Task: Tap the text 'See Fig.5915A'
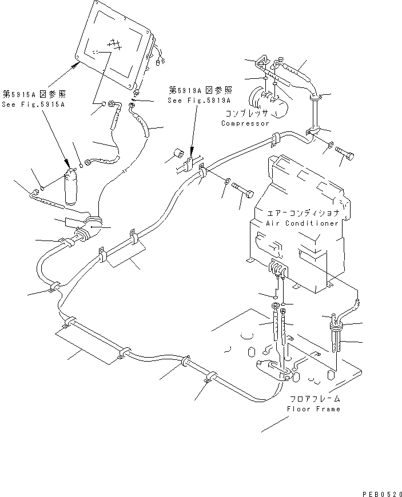pos(34,105)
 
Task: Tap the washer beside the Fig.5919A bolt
pos(227,182)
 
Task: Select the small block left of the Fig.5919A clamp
pos(178,154)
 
